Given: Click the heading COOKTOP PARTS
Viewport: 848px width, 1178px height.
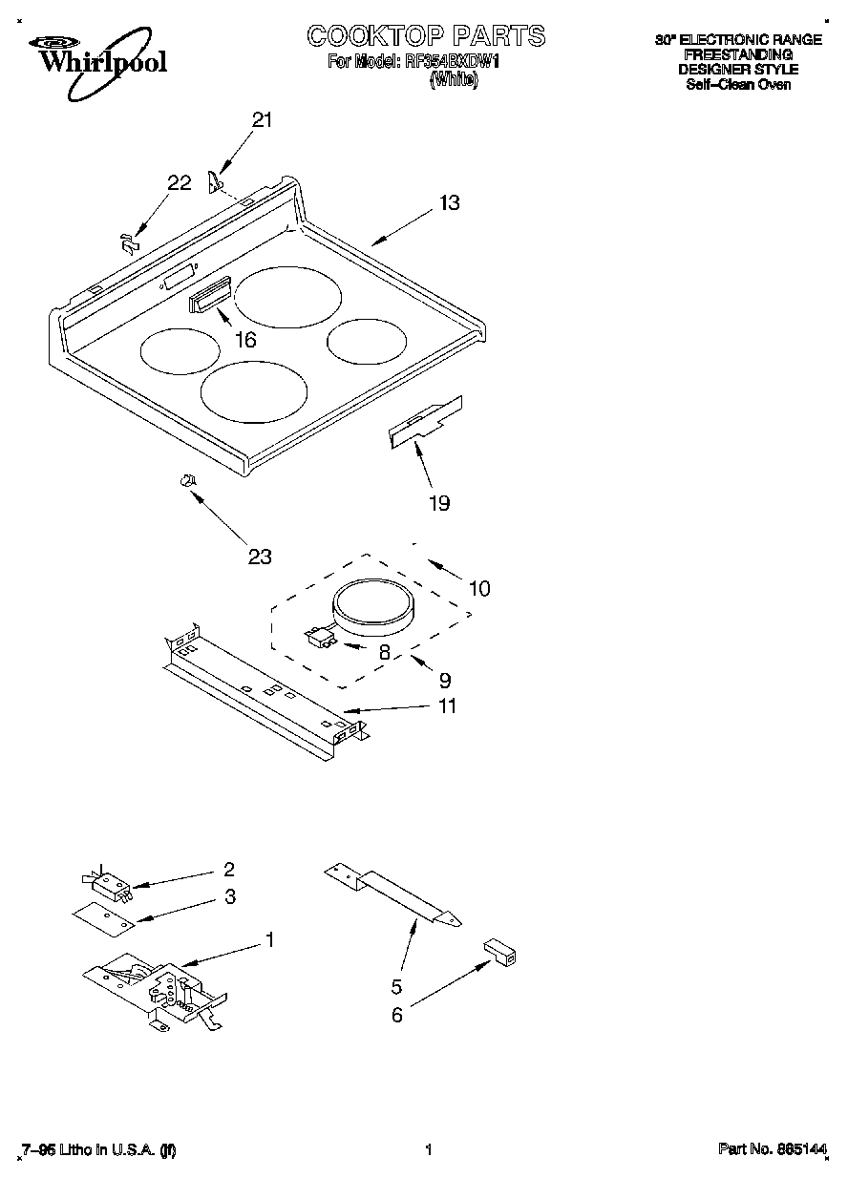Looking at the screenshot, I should coord(426,36).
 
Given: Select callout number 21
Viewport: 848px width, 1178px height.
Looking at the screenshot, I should coord(262,120).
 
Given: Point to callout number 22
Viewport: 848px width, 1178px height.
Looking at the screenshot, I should coord(180,183).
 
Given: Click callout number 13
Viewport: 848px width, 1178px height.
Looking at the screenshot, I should coord(449,202).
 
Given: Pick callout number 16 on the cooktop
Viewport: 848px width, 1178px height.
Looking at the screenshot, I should coord(245,339).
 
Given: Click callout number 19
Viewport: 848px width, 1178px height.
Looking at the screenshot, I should coord(438,503).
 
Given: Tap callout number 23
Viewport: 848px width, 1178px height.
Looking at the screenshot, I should coord(260,557).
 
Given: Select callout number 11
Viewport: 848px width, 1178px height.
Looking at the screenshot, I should coord(446,706).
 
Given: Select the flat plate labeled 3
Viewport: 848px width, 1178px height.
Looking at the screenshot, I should coord(102,916).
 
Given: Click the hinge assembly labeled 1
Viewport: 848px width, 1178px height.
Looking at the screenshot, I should coord(158,993).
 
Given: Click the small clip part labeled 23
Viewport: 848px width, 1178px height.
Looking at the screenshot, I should coord(188,480).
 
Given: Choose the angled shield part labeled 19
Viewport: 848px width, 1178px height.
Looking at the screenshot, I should coord(425,421).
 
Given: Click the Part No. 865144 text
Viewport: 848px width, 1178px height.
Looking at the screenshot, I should coord(772,1150).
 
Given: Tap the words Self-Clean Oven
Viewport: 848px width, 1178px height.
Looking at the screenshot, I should coord(738,84).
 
